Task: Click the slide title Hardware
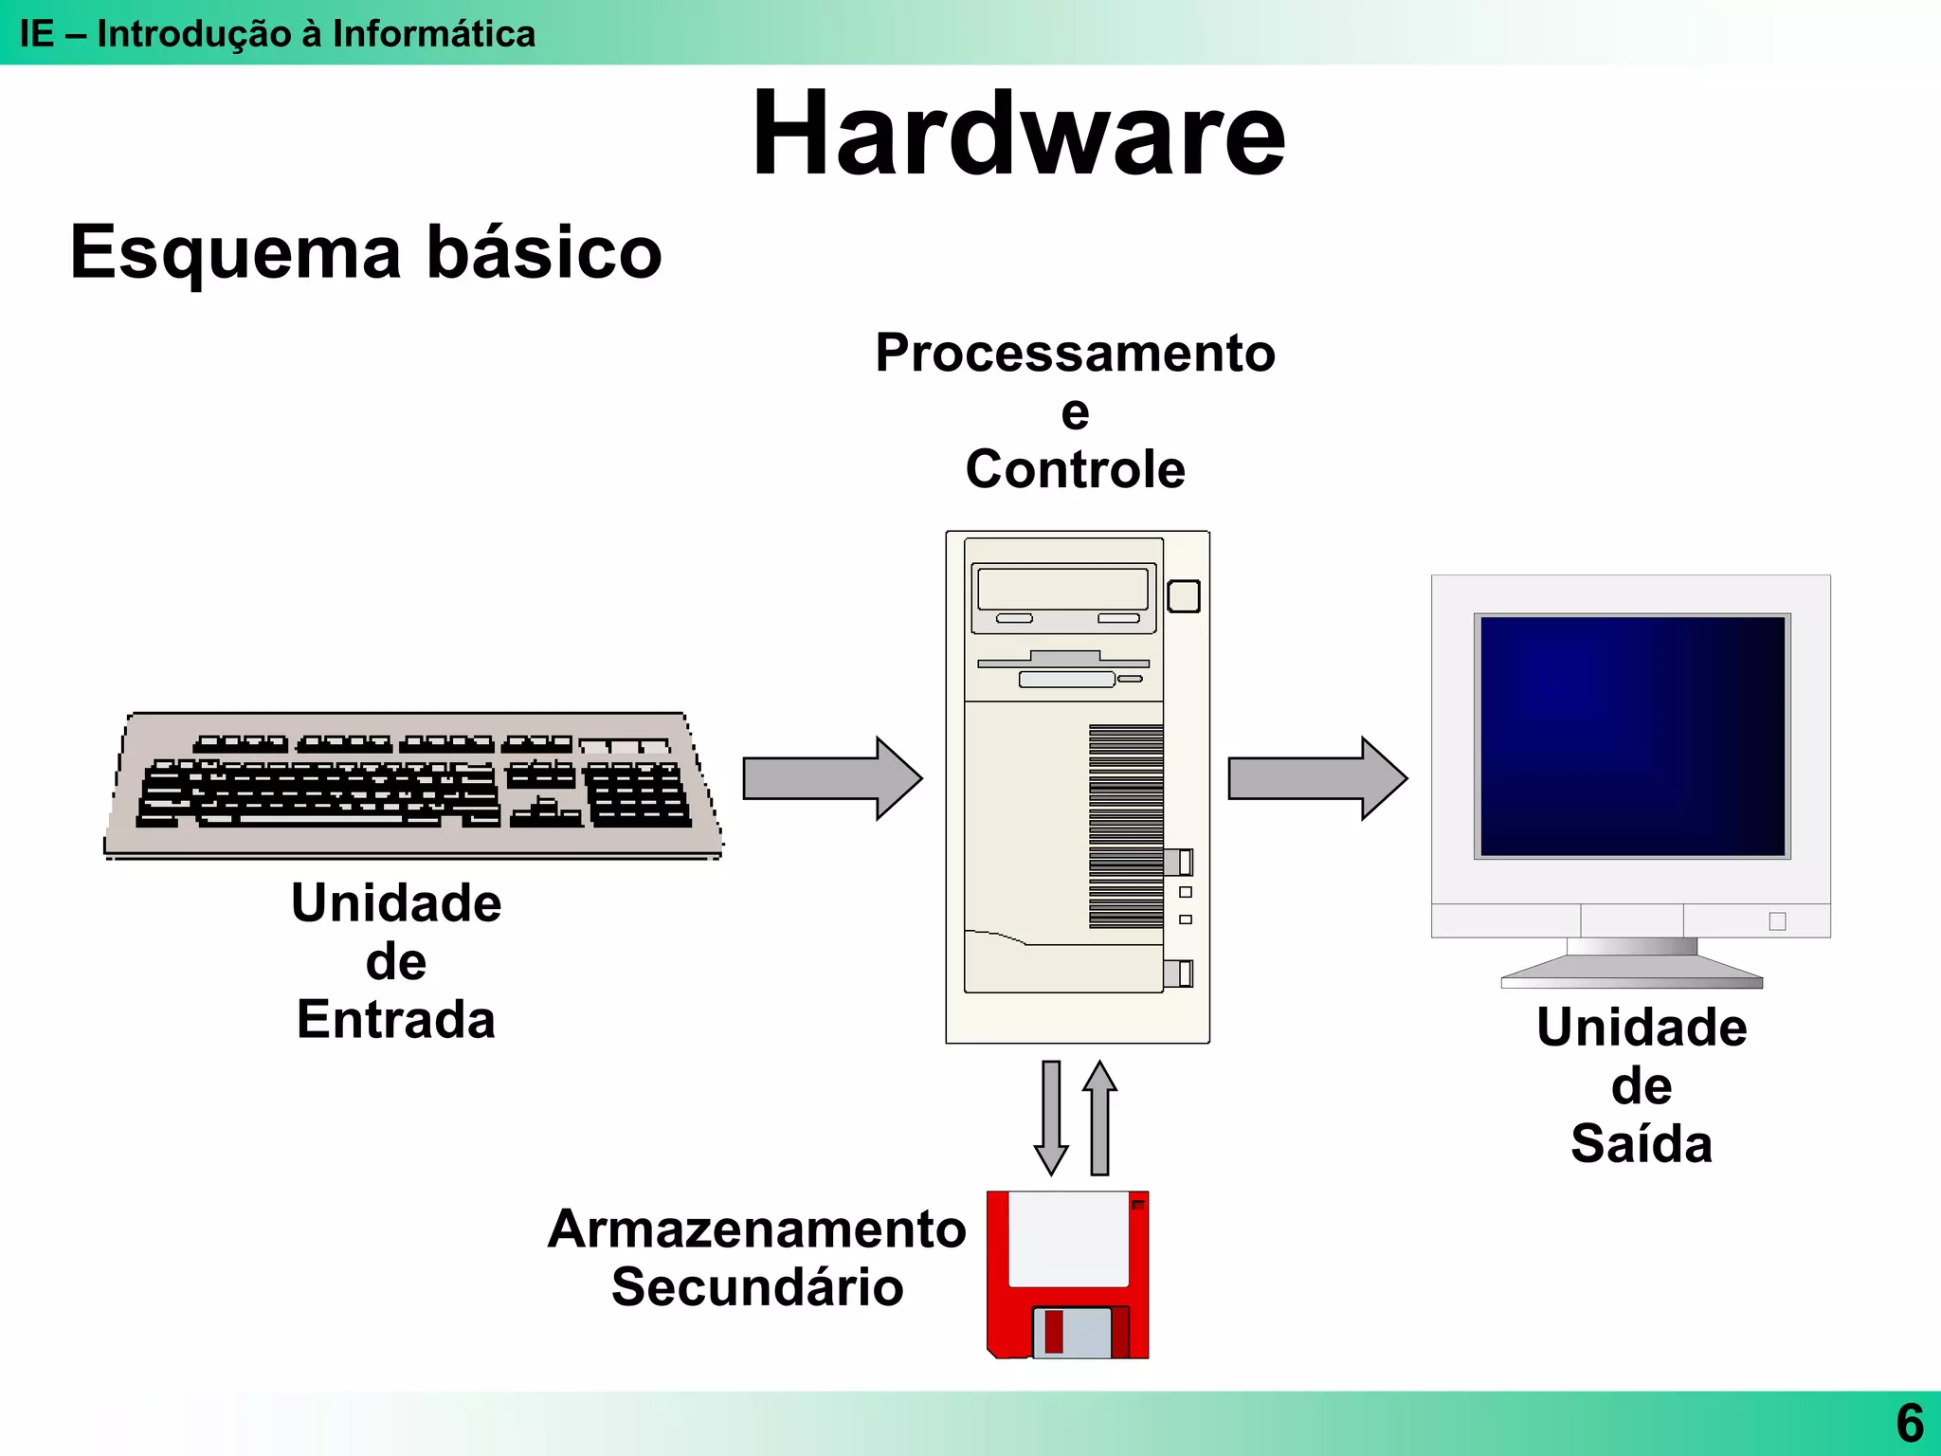[x=1018, y=135]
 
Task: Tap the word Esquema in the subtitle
[x=235, y=254]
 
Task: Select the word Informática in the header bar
[x=433, y=34]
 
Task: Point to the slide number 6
[x=1910, y=1423]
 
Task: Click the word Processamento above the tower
[x=1075, y=354]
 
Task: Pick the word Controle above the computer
[x=1075, y=470]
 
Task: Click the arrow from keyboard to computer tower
[x=831, y=778]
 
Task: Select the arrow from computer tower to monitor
[x=1316, y=778]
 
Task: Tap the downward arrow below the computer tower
[x=1051, y=1117]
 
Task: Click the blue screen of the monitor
[x=1632, y=736]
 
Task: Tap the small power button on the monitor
[x=1777, y=921]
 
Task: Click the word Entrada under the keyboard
[x=395, y=1020]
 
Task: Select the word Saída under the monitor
[x=1642, y=1144]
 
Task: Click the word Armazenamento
[x=756, y=1229]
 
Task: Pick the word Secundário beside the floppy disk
[x=756, y=1288]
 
